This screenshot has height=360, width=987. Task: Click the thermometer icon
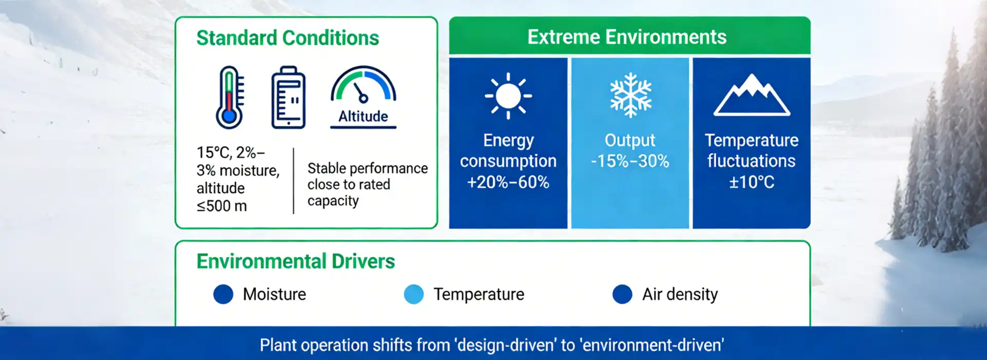(230, 97)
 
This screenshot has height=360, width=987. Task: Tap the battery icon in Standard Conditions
(288, 97)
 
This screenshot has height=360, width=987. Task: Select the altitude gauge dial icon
(363, 85)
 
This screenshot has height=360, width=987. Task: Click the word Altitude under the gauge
(363, 117)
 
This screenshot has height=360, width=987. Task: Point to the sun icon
(508, 96)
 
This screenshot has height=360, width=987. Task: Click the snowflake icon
(630, 96)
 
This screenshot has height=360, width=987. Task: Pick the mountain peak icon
(752, 95)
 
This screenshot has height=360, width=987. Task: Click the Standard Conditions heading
(287, 38)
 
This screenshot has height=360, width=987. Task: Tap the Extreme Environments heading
(627, 37)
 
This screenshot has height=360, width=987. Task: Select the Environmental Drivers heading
(296, 261)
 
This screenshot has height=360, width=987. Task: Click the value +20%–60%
(508, 182)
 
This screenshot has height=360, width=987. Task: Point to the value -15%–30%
(630, 161)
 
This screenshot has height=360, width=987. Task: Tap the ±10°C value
(751, 182)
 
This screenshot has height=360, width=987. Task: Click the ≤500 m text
(222, 206)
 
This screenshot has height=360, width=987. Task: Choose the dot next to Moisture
(223, 294)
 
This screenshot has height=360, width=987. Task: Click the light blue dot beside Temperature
(414, 294)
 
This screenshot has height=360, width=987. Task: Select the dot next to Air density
(622, 294)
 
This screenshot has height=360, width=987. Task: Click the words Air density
(680, 294)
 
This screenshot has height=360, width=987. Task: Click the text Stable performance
(367, 168)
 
